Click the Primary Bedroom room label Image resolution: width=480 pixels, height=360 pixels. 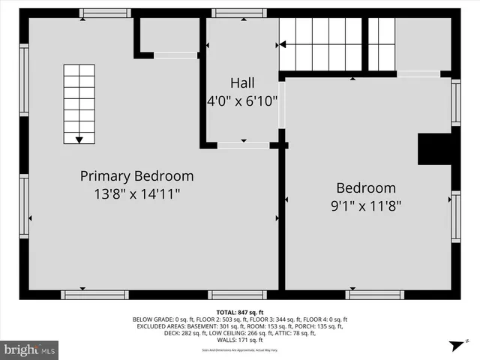(x=137, y=176)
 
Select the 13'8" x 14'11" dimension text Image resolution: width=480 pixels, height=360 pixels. (x=137, y=193)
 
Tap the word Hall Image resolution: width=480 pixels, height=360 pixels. (x=243, y=82)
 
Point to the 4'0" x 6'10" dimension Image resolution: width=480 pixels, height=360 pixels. (x=243, y=99)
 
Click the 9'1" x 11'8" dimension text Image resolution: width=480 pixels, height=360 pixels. (x=365, y=205)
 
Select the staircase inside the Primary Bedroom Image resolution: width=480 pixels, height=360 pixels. (x=79, y=103)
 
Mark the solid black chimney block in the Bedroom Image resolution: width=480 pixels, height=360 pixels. (x=434, y=148)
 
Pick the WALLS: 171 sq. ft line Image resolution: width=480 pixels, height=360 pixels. (x=239, y=340)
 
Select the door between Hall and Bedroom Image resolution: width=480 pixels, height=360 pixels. (x=282, y=105)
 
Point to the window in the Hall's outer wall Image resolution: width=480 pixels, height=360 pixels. (x=238, y=13)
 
